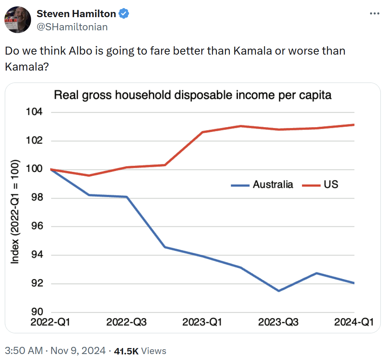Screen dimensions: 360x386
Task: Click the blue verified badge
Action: pos(124,14)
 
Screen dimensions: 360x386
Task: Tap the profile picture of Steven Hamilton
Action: pos(18,19)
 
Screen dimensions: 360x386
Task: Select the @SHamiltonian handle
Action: pos(72,27)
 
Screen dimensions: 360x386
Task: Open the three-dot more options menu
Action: pos(374,14)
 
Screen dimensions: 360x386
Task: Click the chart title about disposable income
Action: pos(193,96)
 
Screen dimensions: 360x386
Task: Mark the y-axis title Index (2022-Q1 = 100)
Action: pos(15,212)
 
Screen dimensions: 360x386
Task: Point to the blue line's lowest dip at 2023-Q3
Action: pos(278,291)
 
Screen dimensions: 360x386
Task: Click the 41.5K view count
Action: pos(126,351)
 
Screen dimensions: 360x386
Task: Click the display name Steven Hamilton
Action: pos(76,14)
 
